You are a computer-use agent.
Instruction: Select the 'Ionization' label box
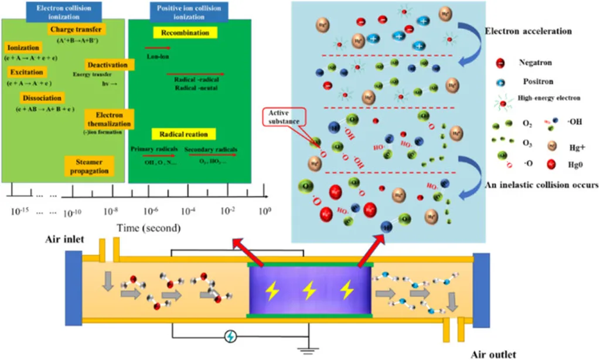pos(23,47)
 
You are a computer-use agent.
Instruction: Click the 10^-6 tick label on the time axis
pos(150,210)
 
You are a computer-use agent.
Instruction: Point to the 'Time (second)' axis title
pos(148,227)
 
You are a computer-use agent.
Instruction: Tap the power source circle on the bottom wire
pos(231,337)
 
